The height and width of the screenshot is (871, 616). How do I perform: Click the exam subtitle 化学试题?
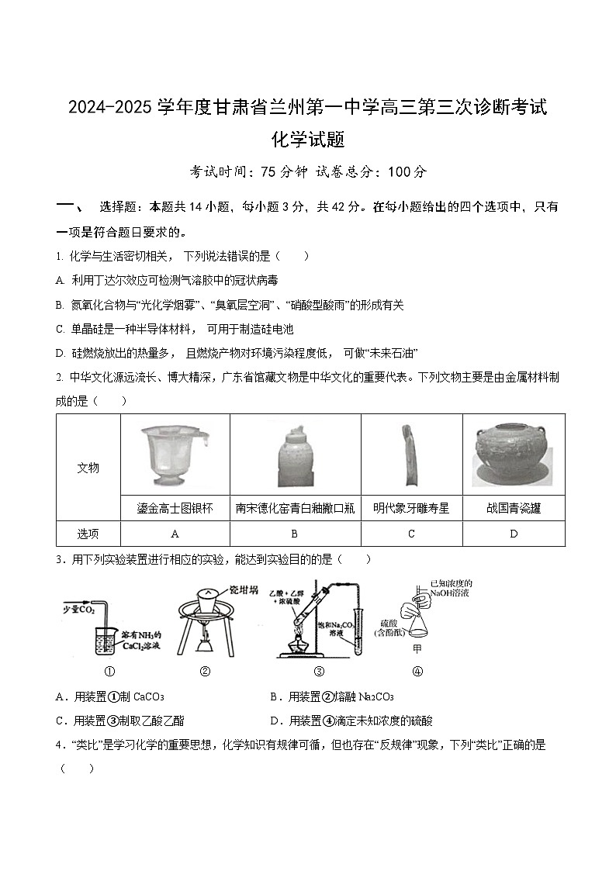pyautogui.click(x=308, y=140)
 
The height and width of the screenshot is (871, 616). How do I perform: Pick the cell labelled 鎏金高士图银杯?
pyautogui.click(x=175, y=509)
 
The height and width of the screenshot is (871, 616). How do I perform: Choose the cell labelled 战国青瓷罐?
pyautogui.click(x=514, y=509)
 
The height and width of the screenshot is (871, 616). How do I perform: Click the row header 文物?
pyautogui.click(x=88, y=468)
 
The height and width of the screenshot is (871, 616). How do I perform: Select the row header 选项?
pyautogui.click(x=88, y=534)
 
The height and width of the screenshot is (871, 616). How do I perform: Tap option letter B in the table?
pyautogui.click(x=295, y=534)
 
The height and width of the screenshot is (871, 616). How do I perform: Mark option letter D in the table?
pyautogui.click(x=514, y=534)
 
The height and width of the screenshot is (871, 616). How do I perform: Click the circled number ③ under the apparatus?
pyautogui.click(x=318, y=672)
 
